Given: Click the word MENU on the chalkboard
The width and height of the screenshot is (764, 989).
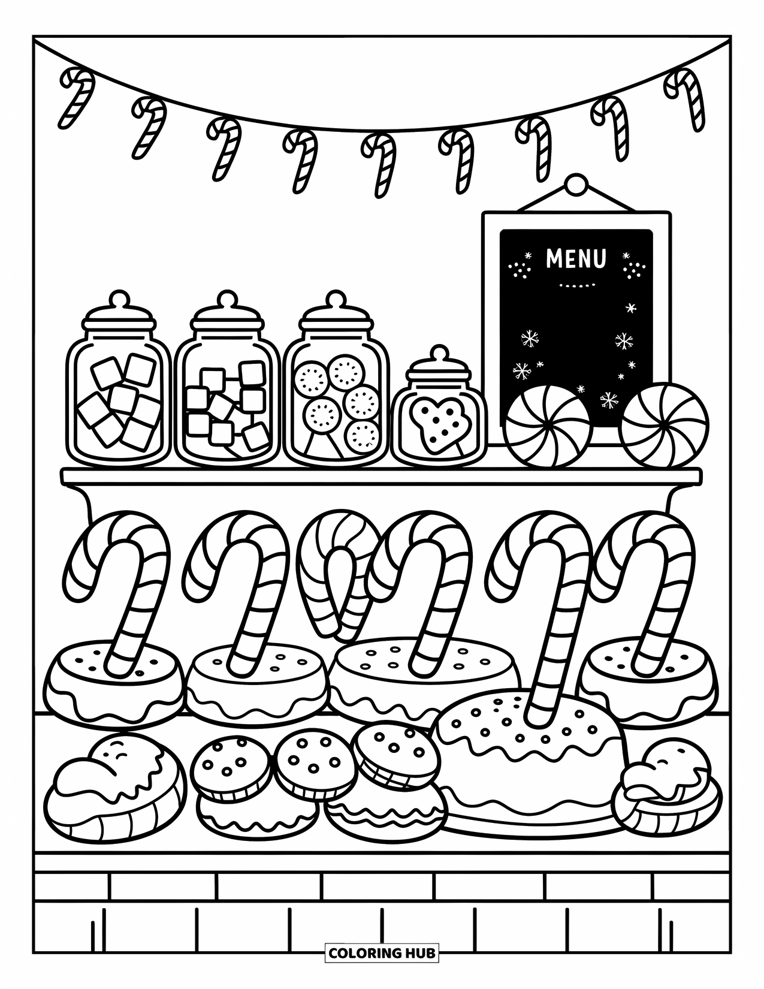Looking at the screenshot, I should [576, 259].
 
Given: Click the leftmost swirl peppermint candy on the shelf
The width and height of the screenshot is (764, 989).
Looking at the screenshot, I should [543, 426].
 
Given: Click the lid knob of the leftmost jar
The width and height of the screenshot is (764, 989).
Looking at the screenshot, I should [119, 297].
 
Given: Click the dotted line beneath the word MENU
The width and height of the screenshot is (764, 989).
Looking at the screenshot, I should [576, 285].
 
